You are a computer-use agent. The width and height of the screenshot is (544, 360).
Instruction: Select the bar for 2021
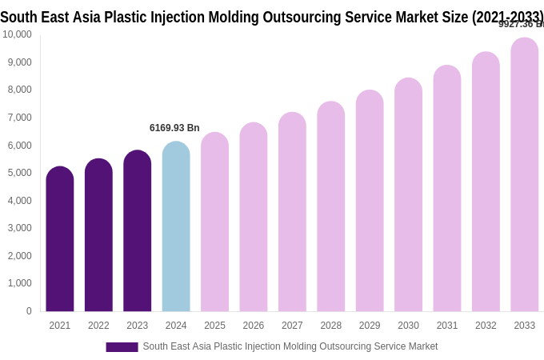pyautogui.click(x=60, y=240)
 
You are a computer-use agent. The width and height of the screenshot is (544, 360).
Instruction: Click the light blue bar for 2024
pyautogui.click(x=176, y=228)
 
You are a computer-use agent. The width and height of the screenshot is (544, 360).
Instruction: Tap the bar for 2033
pyautogui.click(x=525, y=176)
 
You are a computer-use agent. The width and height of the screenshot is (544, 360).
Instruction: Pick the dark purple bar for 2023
pyautogui.click(x=138, y=232)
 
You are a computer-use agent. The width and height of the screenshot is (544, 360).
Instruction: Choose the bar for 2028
pyautogui.click(x=331, y=208)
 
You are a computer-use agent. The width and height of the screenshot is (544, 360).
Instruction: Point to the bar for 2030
pyautogui.click(x=408, y=196)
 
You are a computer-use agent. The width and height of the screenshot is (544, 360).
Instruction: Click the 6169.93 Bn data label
pyautogui.click(x=174, y=128)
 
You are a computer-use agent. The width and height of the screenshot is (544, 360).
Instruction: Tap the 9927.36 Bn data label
pyautogui.click(x=521, y=24)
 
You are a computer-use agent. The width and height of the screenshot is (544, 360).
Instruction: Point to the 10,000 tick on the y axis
pyautogui.click(x=17, y=34)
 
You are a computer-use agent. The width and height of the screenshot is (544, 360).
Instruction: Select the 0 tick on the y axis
pyautogui.click(x=29, y=311)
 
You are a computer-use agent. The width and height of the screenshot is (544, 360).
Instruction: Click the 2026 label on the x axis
pyautogui.click(x=254, y=326)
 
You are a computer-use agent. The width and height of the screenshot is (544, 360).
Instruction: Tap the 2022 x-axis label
pyautogui.click(x=98, y=326)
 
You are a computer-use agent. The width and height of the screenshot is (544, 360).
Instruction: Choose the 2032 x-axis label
pyautogui.click(x=486, y=326)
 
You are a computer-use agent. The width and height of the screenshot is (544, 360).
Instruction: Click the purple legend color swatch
pyautogui.click(x=122, y=347)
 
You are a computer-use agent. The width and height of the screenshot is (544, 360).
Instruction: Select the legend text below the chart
pyautogui.click(x=290, y=346)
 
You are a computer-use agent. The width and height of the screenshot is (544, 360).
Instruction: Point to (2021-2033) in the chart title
pyautogui.click(x=507, y=17)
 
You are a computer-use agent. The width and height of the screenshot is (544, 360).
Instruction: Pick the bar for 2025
pyautogui.click(x=214, y=224)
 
